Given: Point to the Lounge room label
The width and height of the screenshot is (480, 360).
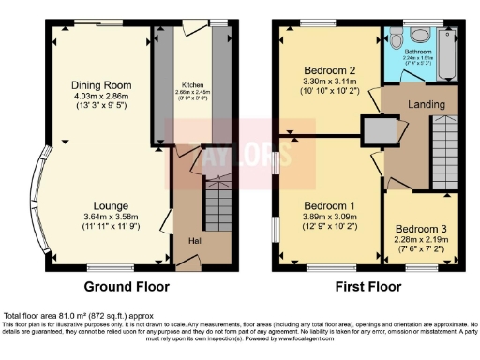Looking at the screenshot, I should [111, 205].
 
